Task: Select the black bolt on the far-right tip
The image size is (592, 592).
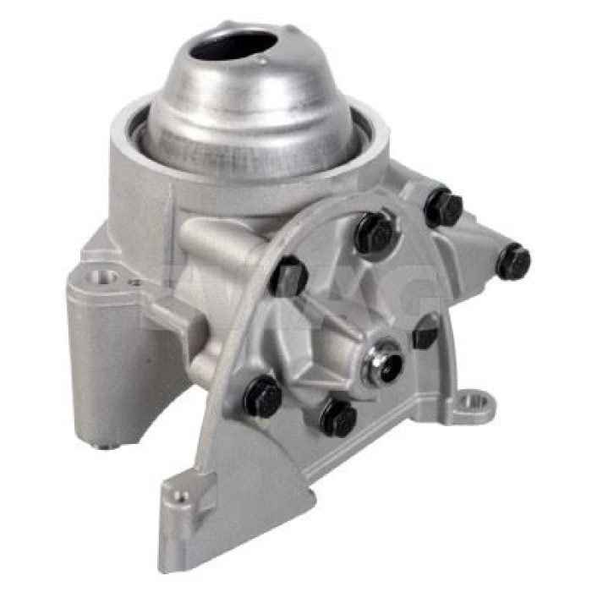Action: pos(513,261)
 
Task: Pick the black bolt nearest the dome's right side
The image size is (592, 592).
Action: pos(444,206)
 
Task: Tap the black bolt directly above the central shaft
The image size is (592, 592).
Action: pos(374,233)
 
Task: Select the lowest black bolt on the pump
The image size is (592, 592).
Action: pos(339,417)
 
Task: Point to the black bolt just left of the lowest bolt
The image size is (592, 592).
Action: pos(263,396)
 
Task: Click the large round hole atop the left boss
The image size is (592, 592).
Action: pos(105,276)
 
